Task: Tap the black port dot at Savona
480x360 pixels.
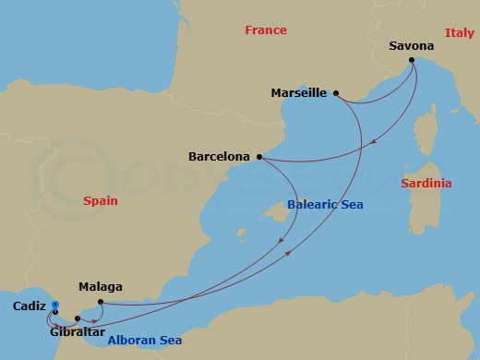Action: pyautogui.click(x=412, y=61)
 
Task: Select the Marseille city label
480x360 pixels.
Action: pyautogui.click(x=300, y=93)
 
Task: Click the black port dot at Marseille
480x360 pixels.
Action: pyautogui.click(x=336, y=93)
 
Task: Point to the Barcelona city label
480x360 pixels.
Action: pyautogui.click(x=219, y=157)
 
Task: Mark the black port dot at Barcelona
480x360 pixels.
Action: pyautogui.click(x=259, y=157)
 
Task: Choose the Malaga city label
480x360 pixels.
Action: pyautogui.click(x=101, y=286)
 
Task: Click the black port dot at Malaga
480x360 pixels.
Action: pyautogui.click(x=100, y=300)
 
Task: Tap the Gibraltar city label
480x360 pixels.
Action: pyautogui.click(x=78, y=331)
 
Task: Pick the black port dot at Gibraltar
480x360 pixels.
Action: pyautogui.click(x=78, y=318)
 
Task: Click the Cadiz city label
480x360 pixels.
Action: pyautogui.click(x=30, y=306)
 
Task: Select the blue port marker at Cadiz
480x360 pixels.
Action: pyautogui.click(x=55, y=305)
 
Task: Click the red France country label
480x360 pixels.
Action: pyautogui.click(x=267, y=30)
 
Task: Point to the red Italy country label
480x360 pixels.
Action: pyautogui.click(x=459, y=32)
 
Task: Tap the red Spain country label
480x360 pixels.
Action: pyautogui.click(x=101, y=199)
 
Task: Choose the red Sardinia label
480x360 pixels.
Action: pyautogui.click(x=426, y=184)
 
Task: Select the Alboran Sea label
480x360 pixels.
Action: pyautogui.click(x=145, y=341)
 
